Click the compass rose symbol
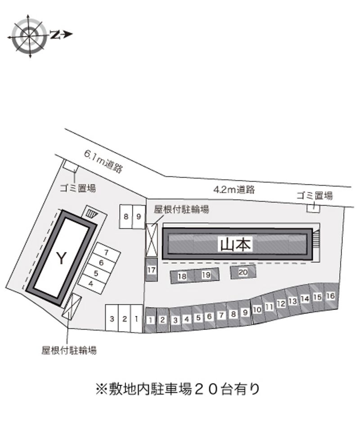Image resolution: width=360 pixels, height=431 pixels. [29, 36]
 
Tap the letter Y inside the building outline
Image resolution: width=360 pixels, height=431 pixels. [61, 258]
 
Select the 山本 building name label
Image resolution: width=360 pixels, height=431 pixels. [235, 244]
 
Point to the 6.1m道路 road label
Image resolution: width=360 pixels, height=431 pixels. [103, 162]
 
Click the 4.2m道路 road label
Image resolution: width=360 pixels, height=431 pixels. [234, 189]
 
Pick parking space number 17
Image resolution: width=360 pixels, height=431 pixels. [151, 269]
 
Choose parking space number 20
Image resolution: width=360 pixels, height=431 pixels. [243, 272]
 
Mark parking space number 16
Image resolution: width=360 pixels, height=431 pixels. [331, 296]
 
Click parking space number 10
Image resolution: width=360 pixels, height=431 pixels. [257, 310]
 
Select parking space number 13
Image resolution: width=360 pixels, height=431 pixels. [292, 301]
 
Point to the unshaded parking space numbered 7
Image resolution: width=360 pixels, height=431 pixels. [106, 252]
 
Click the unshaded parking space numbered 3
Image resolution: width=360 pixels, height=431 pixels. [112, 319]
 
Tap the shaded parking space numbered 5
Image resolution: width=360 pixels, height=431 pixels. [198, 318]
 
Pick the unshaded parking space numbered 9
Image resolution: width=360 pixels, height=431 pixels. [139, 216]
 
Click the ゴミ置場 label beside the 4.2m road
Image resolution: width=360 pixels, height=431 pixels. [315, 196]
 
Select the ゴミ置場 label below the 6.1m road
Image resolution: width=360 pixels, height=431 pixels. [78, 189]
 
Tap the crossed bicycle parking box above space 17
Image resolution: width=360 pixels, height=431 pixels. [151, 241]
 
